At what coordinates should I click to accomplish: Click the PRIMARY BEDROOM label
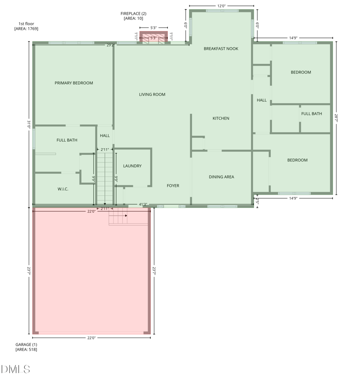74,83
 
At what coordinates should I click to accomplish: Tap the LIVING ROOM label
152,94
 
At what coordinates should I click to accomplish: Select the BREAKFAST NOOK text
221,49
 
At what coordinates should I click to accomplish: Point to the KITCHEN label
221,118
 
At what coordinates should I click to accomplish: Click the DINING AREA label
221,177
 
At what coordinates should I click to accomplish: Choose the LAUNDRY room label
132,166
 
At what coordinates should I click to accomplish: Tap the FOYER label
173,185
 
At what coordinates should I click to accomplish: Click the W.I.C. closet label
63,189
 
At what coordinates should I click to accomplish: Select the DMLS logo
16,369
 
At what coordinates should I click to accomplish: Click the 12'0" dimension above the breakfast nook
221,6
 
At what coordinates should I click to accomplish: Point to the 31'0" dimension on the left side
29,124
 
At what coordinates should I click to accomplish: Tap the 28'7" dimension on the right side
336,118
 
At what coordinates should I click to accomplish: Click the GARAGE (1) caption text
26,345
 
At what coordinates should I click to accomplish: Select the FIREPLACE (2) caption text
133,13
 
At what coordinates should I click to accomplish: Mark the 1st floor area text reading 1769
26,29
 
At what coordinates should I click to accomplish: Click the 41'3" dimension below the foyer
143,204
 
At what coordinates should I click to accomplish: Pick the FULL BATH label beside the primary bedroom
67,140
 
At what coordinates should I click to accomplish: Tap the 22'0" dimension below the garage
91,337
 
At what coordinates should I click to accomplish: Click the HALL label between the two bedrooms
261,100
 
